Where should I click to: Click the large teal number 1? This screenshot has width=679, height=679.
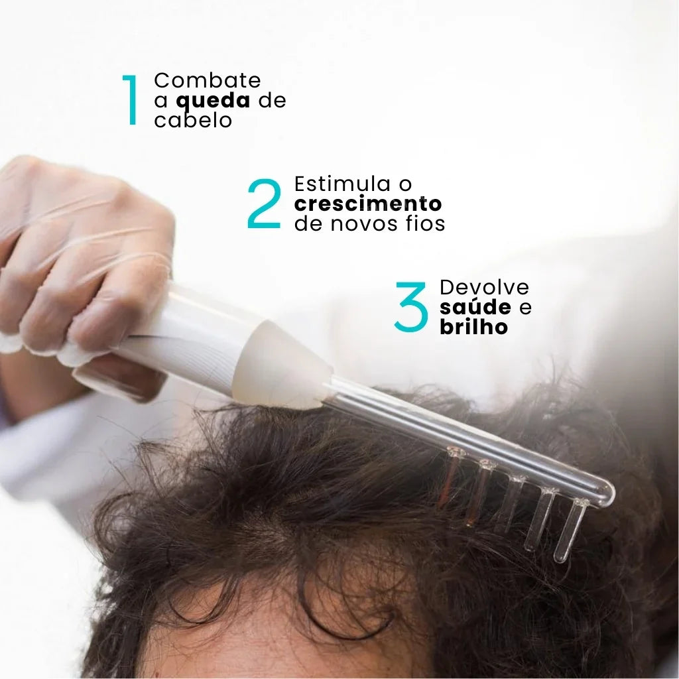(131, 100)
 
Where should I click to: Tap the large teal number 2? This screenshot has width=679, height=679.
(265, 204)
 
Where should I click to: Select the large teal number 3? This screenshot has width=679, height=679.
(411, 307)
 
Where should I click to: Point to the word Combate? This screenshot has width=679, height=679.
(208, 80)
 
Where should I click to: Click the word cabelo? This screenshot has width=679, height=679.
(193, 121)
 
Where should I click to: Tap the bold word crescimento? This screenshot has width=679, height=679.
(368, 204)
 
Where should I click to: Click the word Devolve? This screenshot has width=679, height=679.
(485, 287)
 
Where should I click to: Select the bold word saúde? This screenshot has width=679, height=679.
(475, 308)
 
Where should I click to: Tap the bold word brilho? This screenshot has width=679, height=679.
(473, 328)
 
